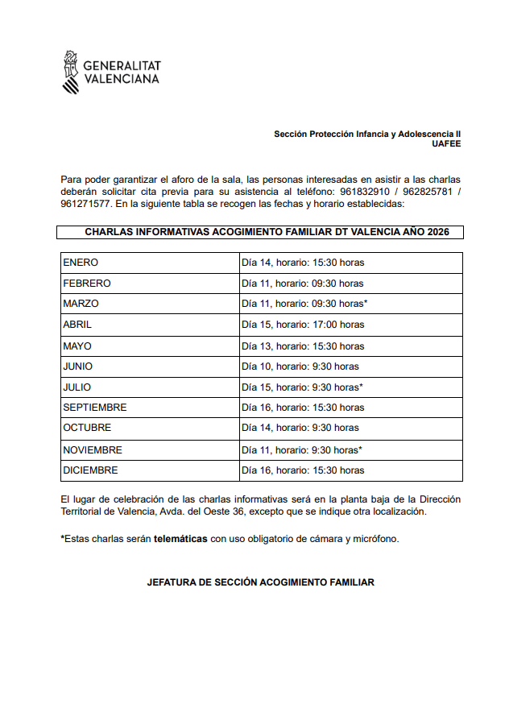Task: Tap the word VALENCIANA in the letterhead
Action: click(x=121, y=79)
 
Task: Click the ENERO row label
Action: click(x=81, y=263)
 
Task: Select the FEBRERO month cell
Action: click(x=86, y=284)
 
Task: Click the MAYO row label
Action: click(x=77, y=346)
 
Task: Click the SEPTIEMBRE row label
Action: click(x=94, y=408)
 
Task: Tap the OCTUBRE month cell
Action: click(x=87, y=428)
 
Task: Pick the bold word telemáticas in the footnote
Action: click(x=180, y=539)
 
